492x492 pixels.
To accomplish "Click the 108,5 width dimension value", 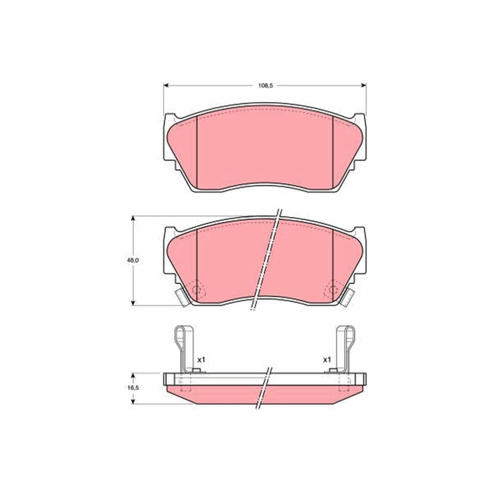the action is (x=266, y=85).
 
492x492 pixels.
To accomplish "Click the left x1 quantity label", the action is (x=201, y=360).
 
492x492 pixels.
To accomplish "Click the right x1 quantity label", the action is (x=327, y=360).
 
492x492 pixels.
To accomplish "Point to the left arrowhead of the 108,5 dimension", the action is (x=166, y=85).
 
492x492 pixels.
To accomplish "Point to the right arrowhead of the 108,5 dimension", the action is (x=363, y=85).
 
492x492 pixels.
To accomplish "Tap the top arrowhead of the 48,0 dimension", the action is (x=133, y=219).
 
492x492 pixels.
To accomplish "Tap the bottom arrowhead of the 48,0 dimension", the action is (x=133, y=303).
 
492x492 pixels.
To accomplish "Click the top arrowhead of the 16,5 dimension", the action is (x=133, y=376).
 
